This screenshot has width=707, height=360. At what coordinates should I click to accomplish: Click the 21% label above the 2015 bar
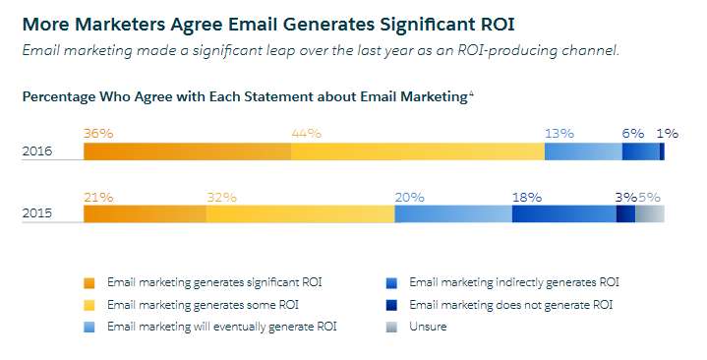98,197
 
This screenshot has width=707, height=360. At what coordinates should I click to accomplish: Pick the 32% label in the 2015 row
221,197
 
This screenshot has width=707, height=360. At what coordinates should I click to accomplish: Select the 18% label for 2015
527,197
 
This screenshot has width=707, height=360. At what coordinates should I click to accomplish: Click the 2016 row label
37,151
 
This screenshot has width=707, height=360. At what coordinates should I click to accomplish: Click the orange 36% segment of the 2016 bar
187,151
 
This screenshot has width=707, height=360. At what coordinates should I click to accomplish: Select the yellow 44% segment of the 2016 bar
417,151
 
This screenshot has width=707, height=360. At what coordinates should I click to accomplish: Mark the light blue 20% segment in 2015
452,214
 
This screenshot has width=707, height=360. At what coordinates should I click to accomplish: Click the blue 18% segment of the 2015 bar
563,214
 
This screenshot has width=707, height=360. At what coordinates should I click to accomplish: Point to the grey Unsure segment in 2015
649,214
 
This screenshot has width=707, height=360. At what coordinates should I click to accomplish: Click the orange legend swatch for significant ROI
90,282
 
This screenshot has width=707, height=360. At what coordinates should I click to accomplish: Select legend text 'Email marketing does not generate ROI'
510,305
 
